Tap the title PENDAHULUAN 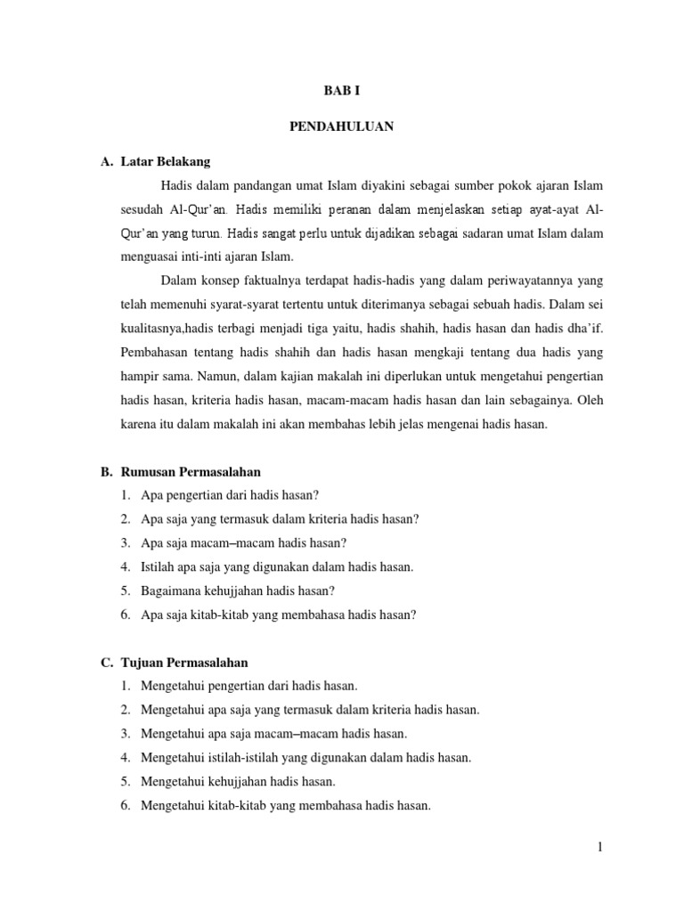342,126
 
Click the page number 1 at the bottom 600,847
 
